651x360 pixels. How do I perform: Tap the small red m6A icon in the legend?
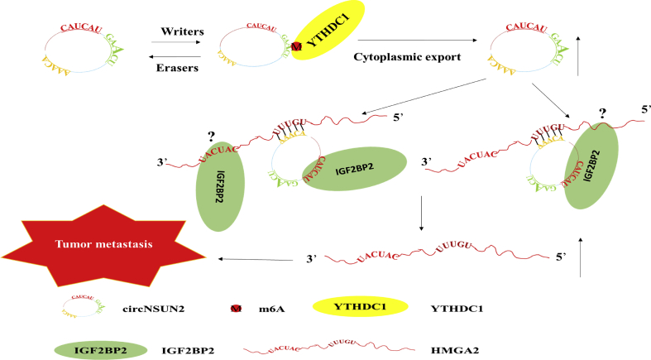click(x=236, y=309)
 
